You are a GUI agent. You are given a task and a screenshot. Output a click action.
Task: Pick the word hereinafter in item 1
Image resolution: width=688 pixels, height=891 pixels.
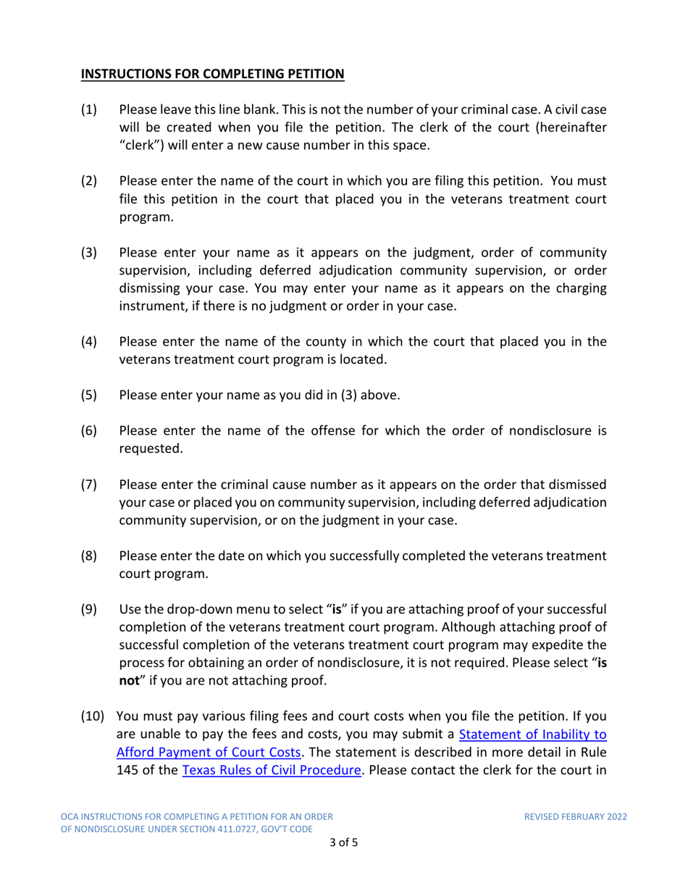tap(566, 125)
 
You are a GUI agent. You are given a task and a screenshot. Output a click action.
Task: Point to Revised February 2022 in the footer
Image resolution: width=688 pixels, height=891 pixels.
tap(576, 816)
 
